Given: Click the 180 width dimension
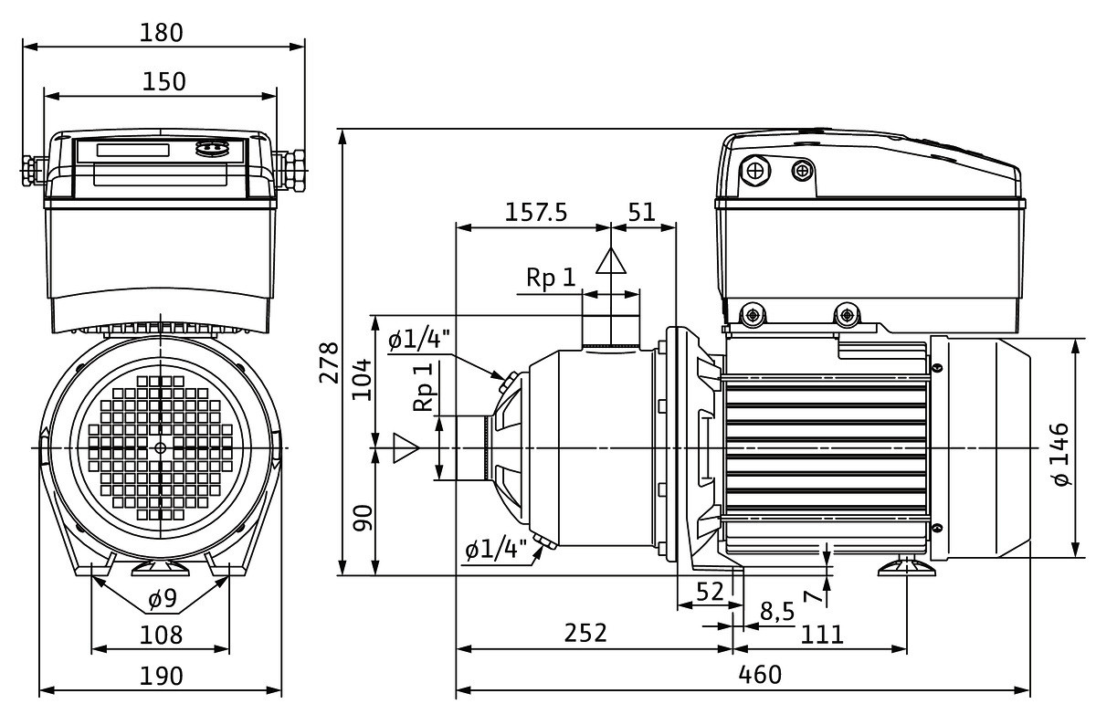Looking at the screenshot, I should (163, 32).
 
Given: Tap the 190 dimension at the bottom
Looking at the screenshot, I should (162, 676).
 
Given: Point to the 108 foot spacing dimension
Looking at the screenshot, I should (162, 634).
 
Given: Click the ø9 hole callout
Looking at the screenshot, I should (162, 601).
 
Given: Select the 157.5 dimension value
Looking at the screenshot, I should (536, 212).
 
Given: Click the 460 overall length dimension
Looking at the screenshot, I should (759, 675).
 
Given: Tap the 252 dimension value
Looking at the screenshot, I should (585, 633).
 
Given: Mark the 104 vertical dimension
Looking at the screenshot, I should (363, 377).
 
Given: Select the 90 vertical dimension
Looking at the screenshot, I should (363, 518).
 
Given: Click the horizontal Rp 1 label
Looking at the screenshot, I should (551, 278).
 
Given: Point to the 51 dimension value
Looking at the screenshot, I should (642, 212).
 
